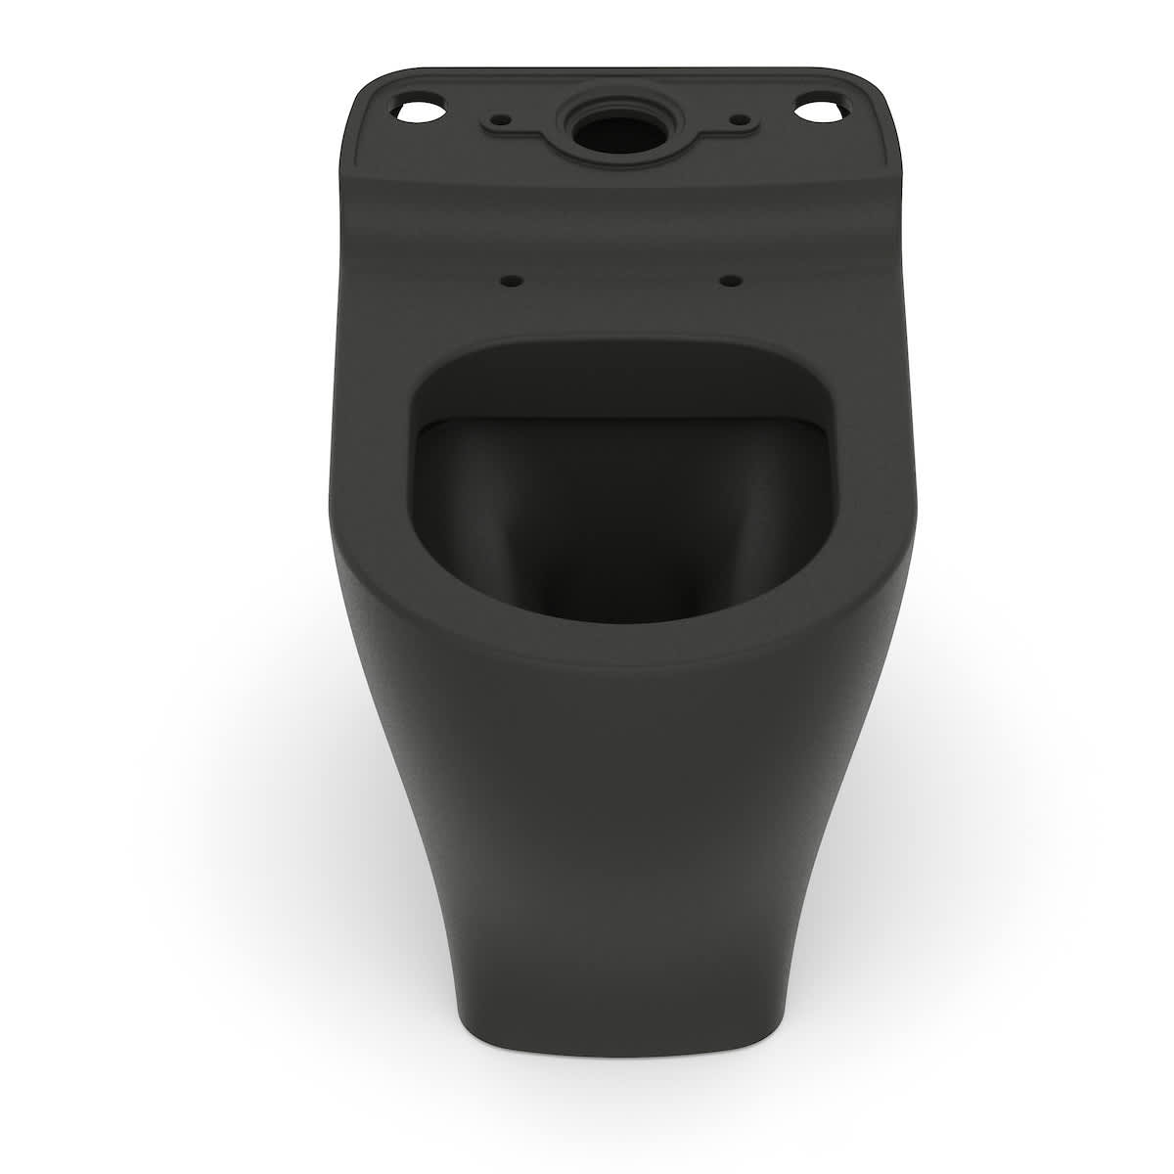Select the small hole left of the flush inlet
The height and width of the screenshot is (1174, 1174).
[x=503, y=119]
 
